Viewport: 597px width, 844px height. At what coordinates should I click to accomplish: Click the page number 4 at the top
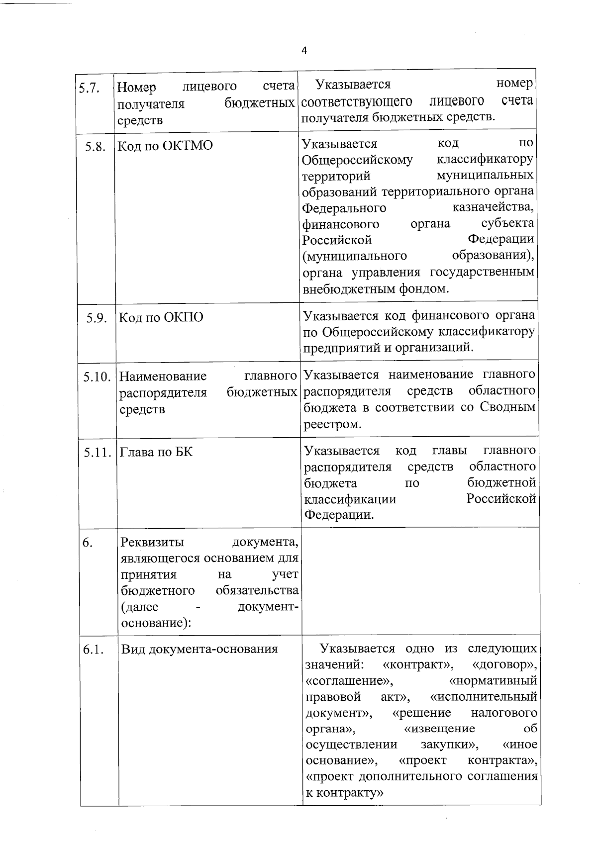(x=304, y=50)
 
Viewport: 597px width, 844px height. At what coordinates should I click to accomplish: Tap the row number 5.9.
(x=97, y=318)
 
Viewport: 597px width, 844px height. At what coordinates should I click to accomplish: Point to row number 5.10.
(x=97, y=377)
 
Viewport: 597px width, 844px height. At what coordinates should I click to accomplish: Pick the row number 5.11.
(x=97, y=453)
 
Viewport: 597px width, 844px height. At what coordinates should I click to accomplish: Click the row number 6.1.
(x=93, y=650)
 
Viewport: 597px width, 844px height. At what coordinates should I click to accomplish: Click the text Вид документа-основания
(x=199, y=649)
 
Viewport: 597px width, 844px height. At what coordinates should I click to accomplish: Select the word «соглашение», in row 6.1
(x=349, y=681)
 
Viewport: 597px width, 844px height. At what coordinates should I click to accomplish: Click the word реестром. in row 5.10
(x=332, y=424)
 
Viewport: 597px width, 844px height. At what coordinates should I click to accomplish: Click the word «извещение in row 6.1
(x=440, y=729)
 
